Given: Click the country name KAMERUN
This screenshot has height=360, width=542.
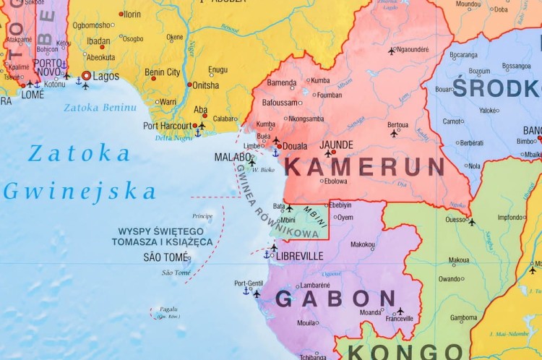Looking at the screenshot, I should click(364, 167).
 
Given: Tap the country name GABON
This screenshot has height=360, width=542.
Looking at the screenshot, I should click(335, 299).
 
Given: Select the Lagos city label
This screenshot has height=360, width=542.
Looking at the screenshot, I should click(106, 75).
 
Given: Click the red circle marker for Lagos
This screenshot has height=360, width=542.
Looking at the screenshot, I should click(86, 75).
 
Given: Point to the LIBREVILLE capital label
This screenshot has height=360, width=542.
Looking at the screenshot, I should click(299, 256).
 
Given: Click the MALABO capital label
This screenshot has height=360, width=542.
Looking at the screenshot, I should click(233, 157).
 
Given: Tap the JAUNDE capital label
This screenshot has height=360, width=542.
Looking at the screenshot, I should click(336, 145).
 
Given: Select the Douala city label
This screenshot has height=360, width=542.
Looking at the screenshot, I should click(295, 146).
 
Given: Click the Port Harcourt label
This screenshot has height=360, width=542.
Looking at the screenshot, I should click(167, 125).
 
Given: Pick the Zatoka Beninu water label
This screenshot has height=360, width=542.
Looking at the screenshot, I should click(100, 108).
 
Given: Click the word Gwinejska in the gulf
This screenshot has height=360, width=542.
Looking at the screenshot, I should click(79, 192).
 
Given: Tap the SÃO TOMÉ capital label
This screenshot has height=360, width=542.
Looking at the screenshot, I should click(165, 257).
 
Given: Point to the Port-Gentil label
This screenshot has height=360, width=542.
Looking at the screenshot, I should click(249, 283).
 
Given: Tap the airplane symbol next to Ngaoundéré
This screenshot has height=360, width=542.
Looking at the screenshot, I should click(392, 51).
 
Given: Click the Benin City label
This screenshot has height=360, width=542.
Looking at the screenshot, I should click(163, 72).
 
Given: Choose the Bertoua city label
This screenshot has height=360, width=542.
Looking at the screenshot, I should click(397, 124).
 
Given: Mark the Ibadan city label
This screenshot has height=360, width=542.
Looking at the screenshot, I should click(99, 40).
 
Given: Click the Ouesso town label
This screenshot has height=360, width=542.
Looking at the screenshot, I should click(455, 220).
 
